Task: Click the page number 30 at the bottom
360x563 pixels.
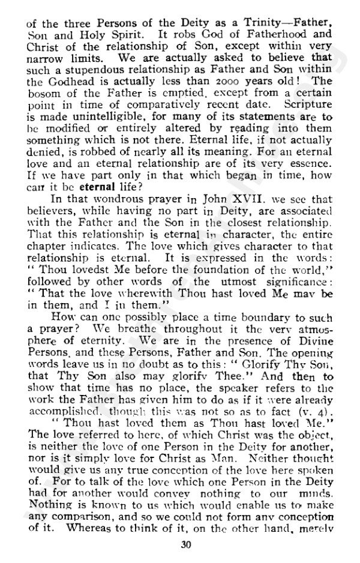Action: point(185,545)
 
